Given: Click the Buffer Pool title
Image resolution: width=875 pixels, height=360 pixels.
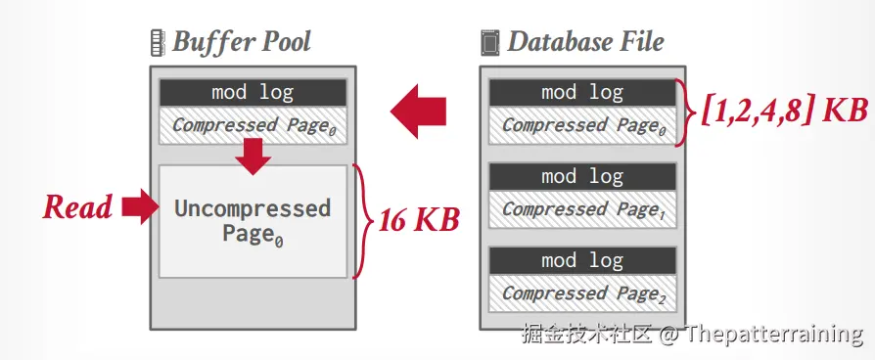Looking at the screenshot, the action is [x=242, y=42].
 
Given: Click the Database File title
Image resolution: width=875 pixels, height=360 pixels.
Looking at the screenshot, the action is [x=585, y=42].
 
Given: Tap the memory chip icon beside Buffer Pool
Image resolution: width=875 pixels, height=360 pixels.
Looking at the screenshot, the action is [x=158, y=43].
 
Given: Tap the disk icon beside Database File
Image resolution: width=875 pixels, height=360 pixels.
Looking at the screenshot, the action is [x=490, y=43].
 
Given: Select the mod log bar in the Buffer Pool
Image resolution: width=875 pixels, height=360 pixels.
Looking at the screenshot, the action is [x=253, y=93].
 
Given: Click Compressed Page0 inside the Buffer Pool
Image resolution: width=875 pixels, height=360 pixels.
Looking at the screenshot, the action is [x=253, y=125].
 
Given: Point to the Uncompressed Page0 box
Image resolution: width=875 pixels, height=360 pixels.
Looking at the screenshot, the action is [x=253, y=221].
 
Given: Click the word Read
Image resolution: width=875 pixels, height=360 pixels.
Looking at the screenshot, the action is [x=77, y=207].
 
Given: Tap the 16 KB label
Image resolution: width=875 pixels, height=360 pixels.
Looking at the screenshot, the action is [x=419, y=220].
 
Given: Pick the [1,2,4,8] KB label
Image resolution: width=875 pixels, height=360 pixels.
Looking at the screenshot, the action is [x=784, y=111].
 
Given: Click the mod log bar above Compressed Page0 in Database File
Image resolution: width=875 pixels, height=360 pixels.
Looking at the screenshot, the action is [x=582, y=93].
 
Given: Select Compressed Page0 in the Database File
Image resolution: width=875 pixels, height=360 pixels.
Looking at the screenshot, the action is [x=582, y=125].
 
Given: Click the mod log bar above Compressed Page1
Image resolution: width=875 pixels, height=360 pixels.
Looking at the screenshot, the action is [x=582, y=177].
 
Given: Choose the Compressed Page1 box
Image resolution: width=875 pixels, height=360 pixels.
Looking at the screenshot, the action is [x=582, y=209].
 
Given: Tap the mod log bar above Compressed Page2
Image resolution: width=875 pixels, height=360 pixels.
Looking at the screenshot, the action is [x=582, y=260].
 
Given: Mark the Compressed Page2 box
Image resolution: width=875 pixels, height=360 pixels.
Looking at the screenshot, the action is [x=582, y=293].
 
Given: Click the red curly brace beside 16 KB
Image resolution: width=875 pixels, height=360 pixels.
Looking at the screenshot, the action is [x=362, y=221].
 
